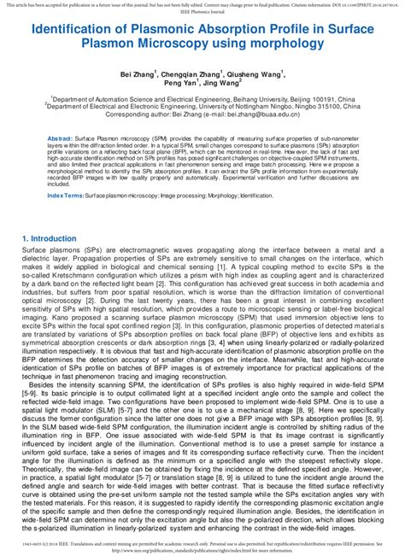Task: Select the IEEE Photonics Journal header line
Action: [202, 11]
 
